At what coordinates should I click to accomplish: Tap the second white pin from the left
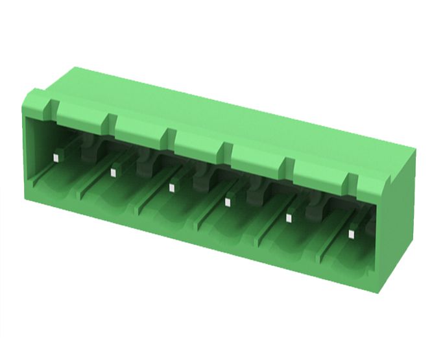(113, 172)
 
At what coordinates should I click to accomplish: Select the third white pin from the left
(171, 188)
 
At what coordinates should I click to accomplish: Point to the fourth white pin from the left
(228, 202)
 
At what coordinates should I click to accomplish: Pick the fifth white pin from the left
(289, 218)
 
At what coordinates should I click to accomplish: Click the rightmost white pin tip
(352, 234)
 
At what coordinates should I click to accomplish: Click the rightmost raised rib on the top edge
(352, 182)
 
